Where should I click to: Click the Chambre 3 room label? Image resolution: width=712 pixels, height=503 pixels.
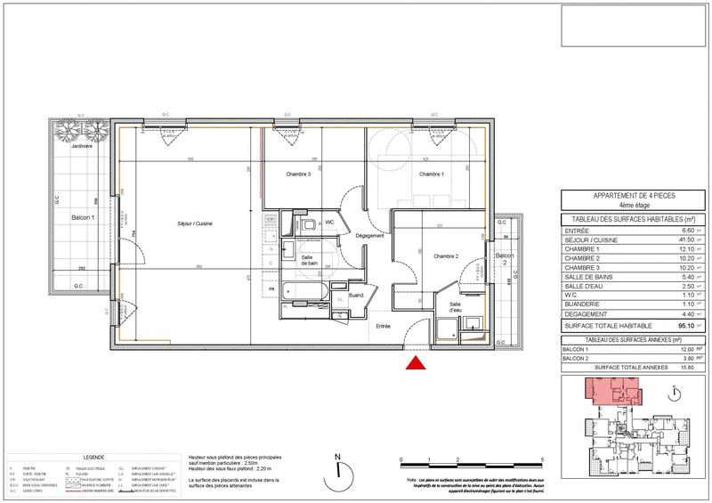(297, 174)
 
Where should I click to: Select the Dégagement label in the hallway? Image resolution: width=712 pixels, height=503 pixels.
(368, 235)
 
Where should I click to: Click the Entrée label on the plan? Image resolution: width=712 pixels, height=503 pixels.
(383, 327)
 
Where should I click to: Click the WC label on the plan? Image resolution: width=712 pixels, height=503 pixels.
(329, 222)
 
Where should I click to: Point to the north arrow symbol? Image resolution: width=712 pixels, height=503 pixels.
(338, 471)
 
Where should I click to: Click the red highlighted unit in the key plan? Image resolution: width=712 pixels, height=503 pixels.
(606, 389)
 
